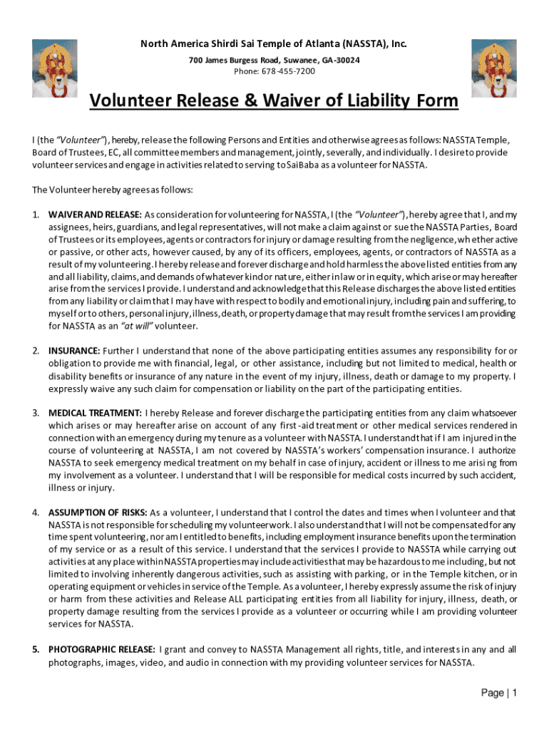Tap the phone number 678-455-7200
(x=274, y=71)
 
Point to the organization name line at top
(x=274, y=45)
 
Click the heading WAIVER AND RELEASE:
(x=95, y=215)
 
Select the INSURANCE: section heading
(x=74, y=351)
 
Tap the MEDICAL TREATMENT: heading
(x=95, y=413)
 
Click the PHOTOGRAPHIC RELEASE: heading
(x=101, y=649)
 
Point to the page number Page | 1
(x=499, y=693)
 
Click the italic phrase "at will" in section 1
(x=137, y=326)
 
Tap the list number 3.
(x=35, y=413)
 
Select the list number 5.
(x=35, y=649)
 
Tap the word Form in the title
(x=438, y=102)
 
